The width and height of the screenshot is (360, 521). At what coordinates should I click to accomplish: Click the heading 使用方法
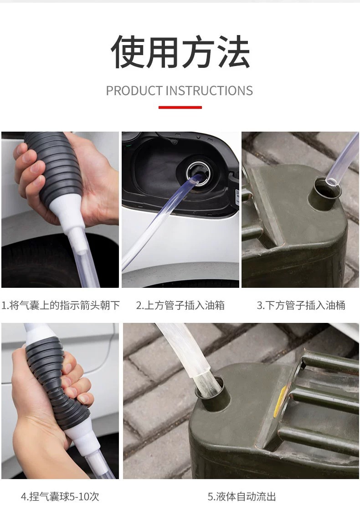coord(180,52)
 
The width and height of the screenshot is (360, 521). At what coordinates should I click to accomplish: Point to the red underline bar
coord(180,107)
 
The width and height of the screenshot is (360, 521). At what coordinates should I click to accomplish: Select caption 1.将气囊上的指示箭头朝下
coord(60,305)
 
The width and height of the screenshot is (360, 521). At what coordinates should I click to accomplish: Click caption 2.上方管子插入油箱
coord(180,305)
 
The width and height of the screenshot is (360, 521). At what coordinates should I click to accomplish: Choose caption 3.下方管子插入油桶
coord(301,305)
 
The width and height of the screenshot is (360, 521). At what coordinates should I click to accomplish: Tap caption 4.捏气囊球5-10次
coord(60,496)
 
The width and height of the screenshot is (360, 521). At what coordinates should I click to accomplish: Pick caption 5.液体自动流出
coord(242,496)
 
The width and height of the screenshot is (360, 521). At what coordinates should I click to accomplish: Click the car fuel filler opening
coord(198,174)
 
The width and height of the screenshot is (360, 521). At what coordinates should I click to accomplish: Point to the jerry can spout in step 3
coord(324,194)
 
